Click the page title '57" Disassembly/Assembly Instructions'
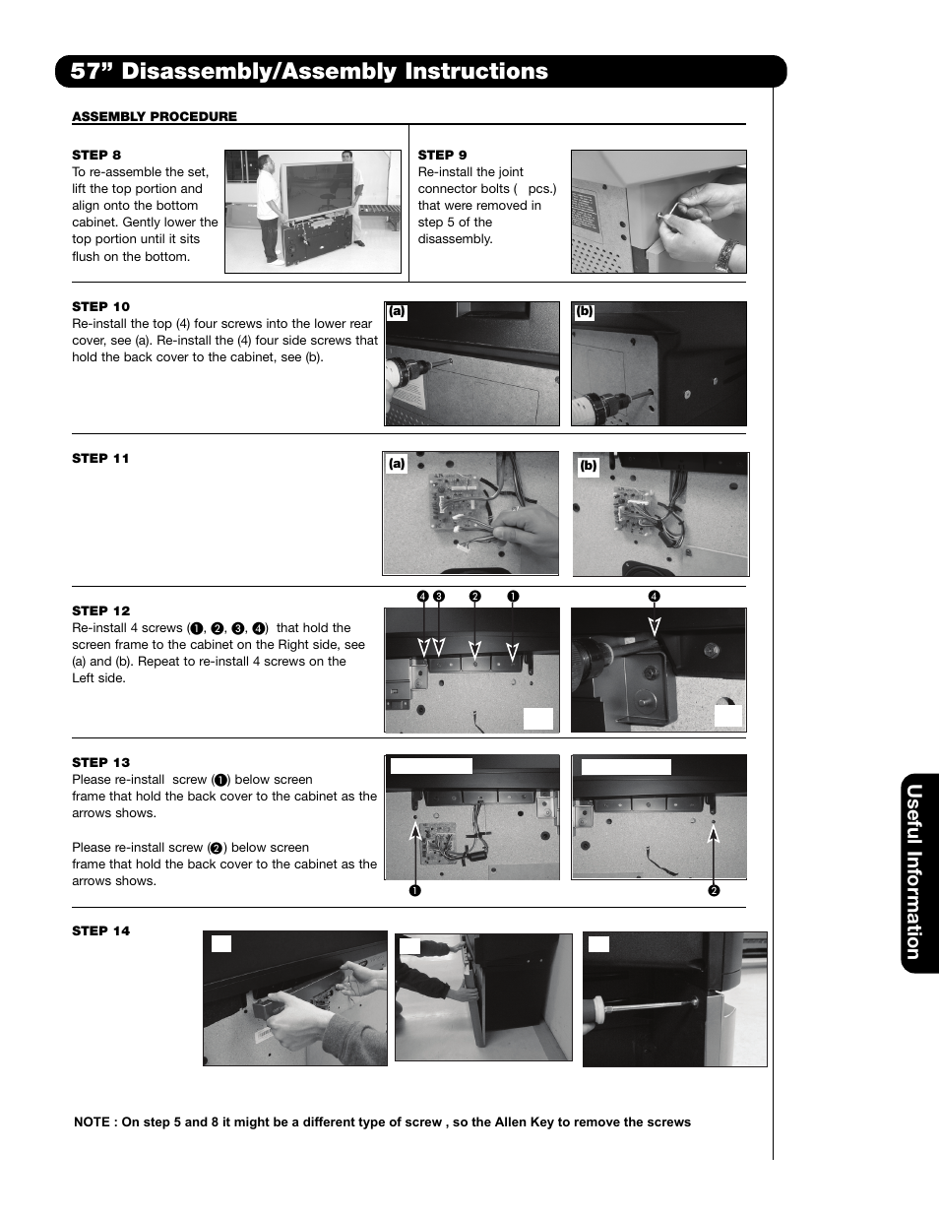click(x=309, y=71)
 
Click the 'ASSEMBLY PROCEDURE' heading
click(x=155, y=116)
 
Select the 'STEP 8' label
click(x=96, y=155)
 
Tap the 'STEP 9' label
click(x=442, y=155)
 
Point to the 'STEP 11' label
click(x=100, y=458)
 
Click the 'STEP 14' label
click(x=100, y=930)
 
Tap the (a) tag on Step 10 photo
click(x=397, y=312)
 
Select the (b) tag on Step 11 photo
click(x=588, y=466)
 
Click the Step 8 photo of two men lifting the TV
click(x=313, y=211)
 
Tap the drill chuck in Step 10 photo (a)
click(x=406, y=374)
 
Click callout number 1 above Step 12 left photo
click(x=512, y=597)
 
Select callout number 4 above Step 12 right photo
click(x=654, y=597)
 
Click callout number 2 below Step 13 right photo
click(x=714, y=891)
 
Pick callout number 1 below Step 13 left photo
click(x=414, y=891)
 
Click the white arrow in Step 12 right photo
click(x=654, y=625)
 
